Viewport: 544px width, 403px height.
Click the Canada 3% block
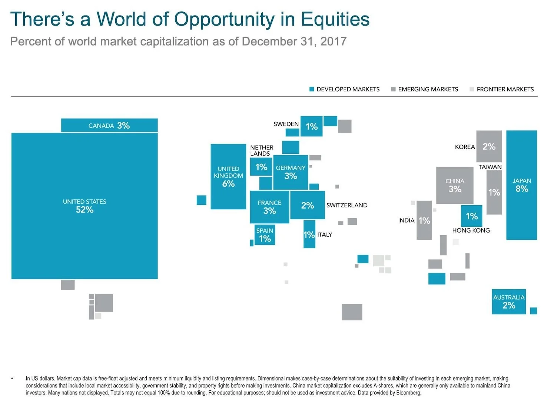click(109, 125)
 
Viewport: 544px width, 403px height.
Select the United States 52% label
click(84, 206)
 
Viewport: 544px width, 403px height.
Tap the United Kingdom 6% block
click(228, 176)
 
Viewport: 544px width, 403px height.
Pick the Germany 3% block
click(291, 172)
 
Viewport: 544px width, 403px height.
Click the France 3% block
click(269, 207)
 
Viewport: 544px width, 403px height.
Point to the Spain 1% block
click(265, 235)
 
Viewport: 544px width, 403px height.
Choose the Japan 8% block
click(521, 185)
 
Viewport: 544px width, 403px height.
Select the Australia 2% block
click(508, 302)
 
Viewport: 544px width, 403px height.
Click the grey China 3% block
click(455, 185)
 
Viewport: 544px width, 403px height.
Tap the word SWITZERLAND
click(347, 205)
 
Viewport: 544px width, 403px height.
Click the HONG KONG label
click(471, 230)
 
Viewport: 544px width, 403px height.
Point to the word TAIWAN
click(490, 167)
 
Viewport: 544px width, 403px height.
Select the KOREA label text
click(465, 147)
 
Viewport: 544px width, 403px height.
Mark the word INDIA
click(406, 220)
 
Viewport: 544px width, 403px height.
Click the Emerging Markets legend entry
click(425, 89)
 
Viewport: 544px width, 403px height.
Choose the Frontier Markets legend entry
click(502, 89)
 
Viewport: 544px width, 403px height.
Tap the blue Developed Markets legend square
click(312, 89)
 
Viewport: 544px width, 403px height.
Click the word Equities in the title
click(335, 19)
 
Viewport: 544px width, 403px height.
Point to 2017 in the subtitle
click(333, 41)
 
